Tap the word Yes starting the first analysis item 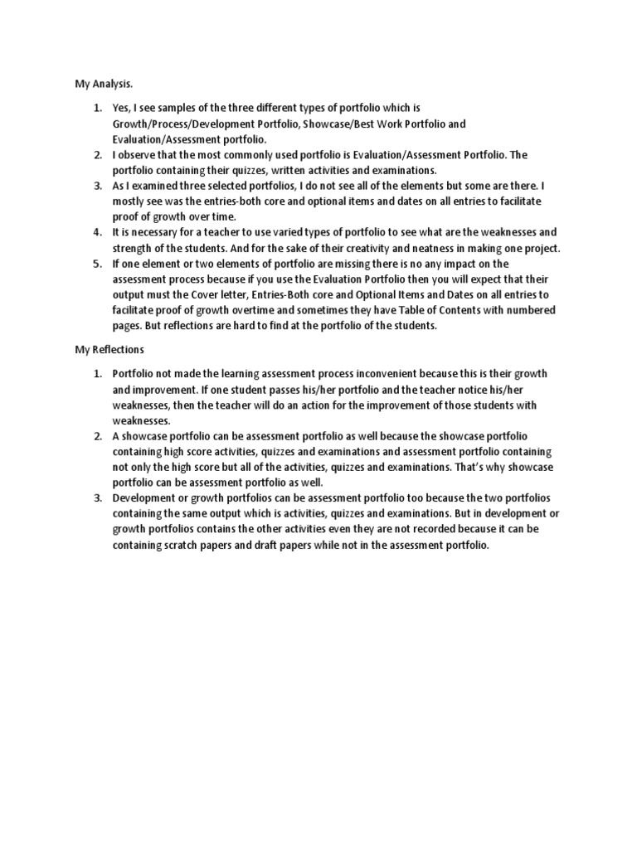(x=121, y=109)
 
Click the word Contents (x=476, y=310)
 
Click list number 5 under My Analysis (x=96, y=264)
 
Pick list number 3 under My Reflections (x=96, y=498)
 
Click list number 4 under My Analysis (x=96, y=232)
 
